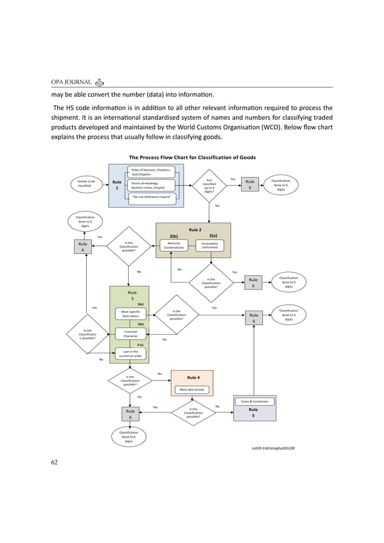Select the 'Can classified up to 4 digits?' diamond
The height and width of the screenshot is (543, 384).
209,185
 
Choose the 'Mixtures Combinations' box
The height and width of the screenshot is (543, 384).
174,246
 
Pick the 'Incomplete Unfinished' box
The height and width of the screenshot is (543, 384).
209,246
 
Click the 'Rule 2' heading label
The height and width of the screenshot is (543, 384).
195,229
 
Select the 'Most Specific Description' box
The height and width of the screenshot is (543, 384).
131,314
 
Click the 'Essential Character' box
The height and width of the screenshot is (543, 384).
131,334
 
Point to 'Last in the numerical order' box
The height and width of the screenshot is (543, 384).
131,353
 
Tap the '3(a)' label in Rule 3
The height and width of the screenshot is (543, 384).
140,305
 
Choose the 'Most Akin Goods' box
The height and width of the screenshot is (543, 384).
192,389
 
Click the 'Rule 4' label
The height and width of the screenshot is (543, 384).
194,377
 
